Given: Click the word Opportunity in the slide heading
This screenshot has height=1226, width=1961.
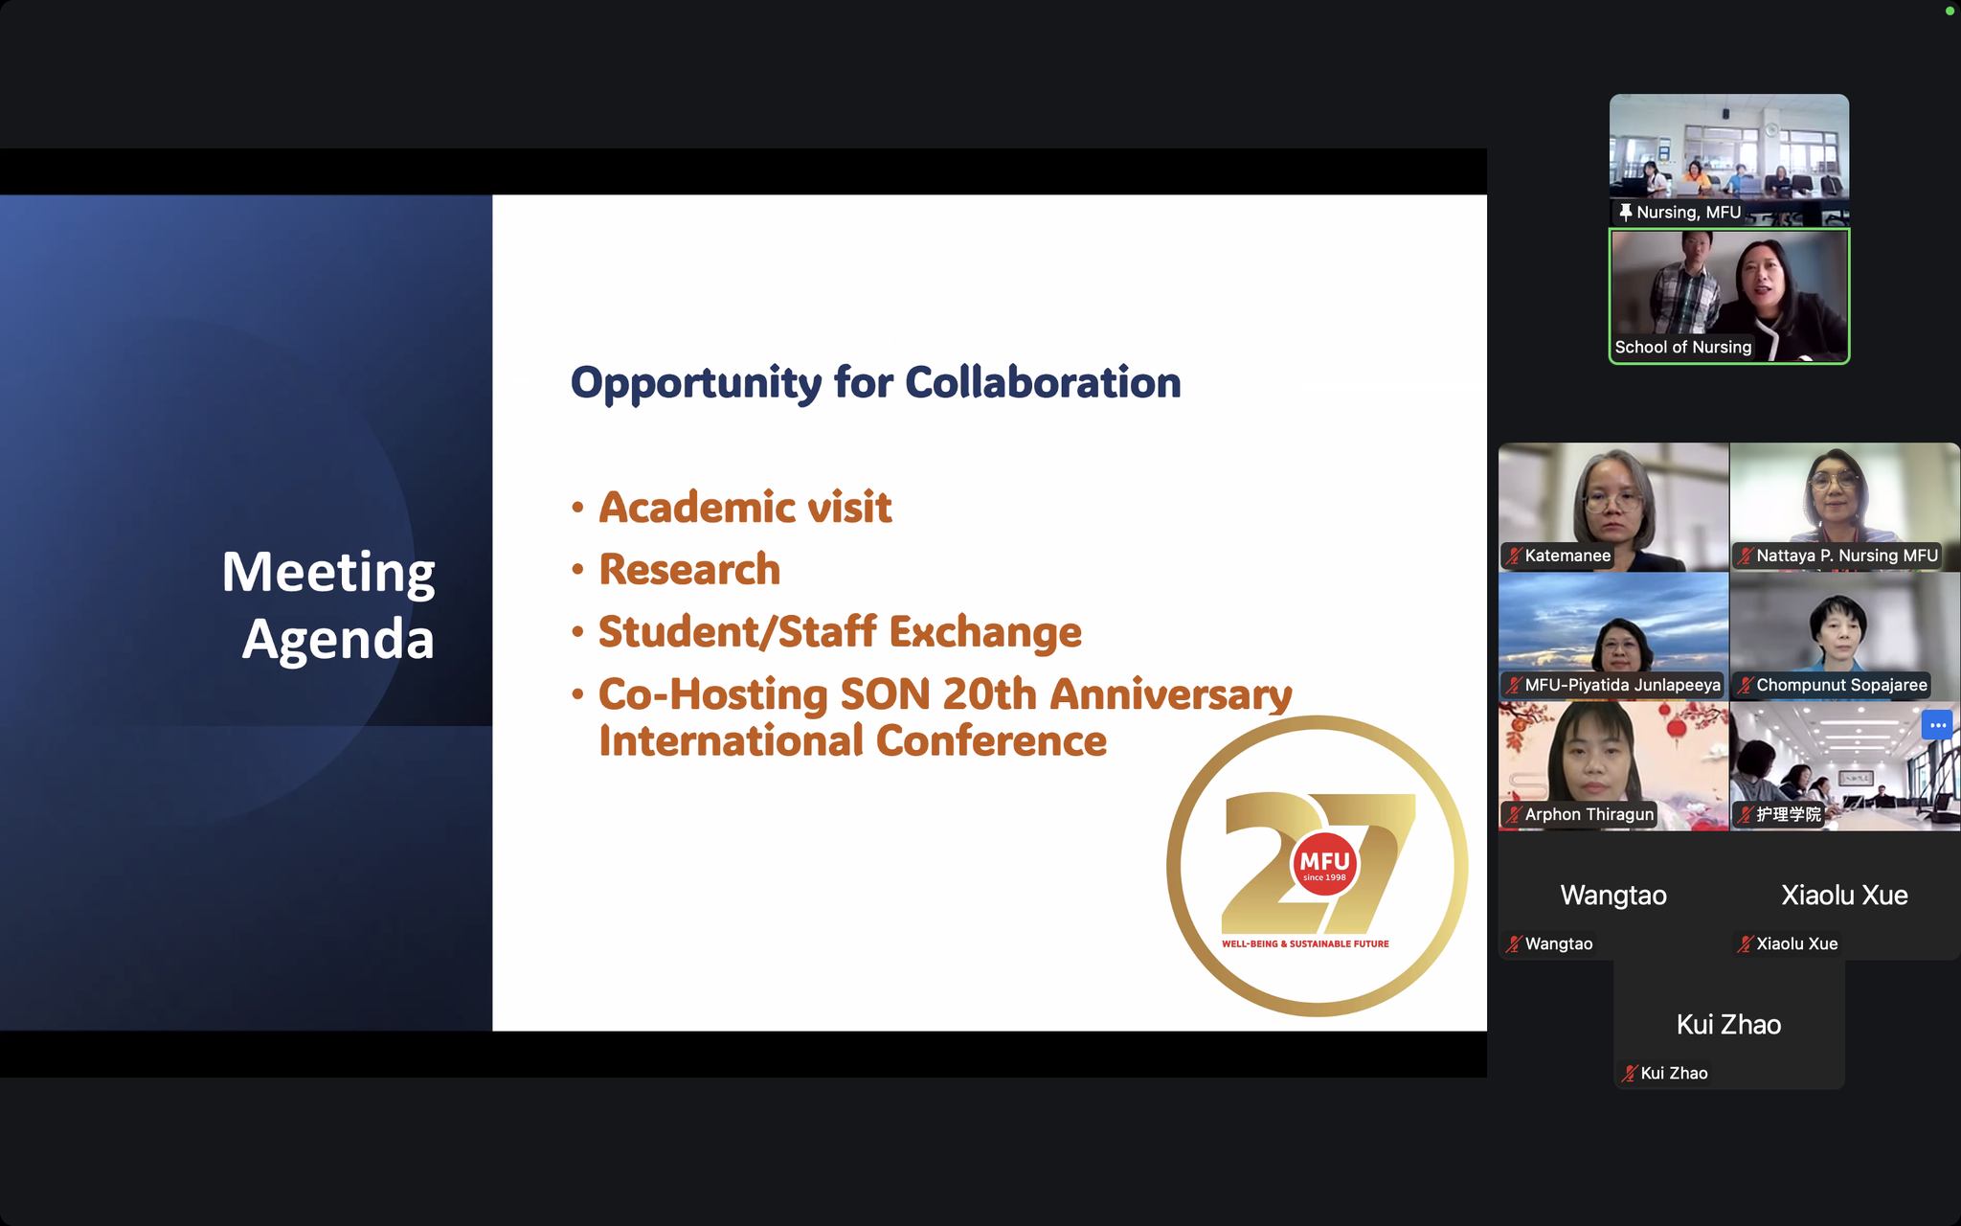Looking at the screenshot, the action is coord(696,383).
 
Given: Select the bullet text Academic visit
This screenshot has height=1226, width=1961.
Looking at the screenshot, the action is coord(745,507).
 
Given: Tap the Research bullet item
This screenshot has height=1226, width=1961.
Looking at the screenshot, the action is coord(689,569).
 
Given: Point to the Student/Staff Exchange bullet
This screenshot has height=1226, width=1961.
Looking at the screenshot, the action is coord(840,632).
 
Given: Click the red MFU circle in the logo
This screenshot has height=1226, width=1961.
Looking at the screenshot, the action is coord(1324,864).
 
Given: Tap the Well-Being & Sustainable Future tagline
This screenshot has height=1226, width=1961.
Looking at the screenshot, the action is coord(1305,943).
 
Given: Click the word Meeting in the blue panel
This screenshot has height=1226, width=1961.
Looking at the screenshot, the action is coord(328,574).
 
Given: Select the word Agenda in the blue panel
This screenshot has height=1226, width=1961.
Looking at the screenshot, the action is coord(338,640).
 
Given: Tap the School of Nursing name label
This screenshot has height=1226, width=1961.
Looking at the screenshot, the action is coord(1683,347).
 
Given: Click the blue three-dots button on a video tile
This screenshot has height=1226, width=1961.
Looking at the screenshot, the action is coord(1937,725).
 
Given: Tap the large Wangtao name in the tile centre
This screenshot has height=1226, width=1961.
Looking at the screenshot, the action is coord(1613,895).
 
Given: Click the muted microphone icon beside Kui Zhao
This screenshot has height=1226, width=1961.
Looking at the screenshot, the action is coord(1629,1074).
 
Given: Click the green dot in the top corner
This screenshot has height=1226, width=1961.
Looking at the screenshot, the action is coord(1950,11).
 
